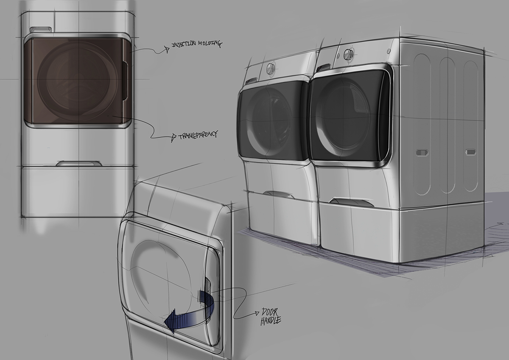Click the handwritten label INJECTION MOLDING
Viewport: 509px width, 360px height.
point(196,44)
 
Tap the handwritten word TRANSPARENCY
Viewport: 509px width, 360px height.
point(198,134)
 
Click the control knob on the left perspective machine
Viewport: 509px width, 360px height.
point(270,67)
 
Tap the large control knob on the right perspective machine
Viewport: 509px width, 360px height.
point(348,54)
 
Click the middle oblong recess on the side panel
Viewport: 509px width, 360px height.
point(447,126)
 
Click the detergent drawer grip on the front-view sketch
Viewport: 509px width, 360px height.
point(40,29)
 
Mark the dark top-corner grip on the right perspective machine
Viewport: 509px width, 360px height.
point(324,67)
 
